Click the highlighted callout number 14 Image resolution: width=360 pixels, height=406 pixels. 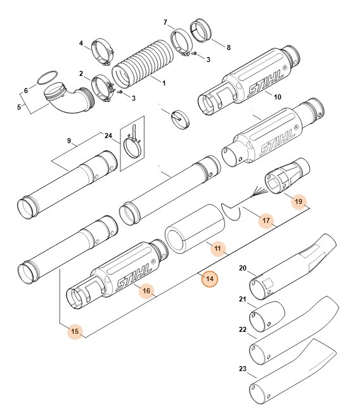pyautogui.click(x=209, y=278)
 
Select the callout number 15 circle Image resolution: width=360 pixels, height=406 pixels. pyautogui.click(x=75, y=331)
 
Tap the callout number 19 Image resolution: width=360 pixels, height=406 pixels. pyautogui.click(x=299, y=202)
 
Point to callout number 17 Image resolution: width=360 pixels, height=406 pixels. pyautogui.click(x=267, y=221)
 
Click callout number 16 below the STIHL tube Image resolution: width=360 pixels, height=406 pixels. pyautogui.click(x=146, y=291)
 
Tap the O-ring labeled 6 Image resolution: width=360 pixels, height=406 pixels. pyautogui.click(x=43, y=79)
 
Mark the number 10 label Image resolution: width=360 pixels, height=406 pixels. pyautogui.click(x=277, y=97)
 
